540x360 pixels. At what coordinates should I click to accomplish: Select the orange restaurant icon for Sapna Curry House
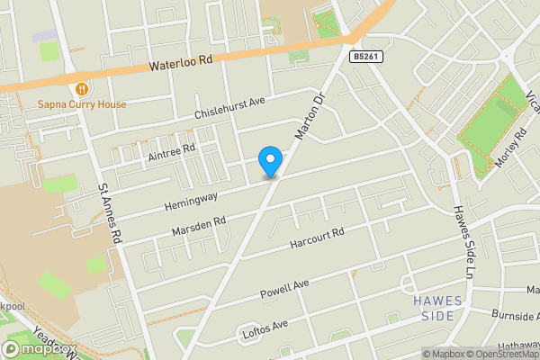tap(82, 88)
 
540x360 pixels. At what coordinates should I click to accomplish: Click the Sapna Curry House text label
tap(82, 104)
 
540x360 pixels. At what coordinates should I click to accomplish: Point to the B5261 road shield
tap(364, 56)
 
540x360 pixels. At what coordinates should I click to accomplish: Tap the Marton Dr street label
tap(308, 118)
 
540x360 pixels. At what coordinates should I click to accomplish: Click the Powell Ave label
tap(284, 287)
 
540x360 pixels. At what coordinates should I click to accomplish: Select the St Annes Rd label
tap(110, 216)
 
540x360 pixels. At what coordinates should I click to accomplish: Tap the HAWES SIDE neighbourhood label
tap(438, 308)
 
